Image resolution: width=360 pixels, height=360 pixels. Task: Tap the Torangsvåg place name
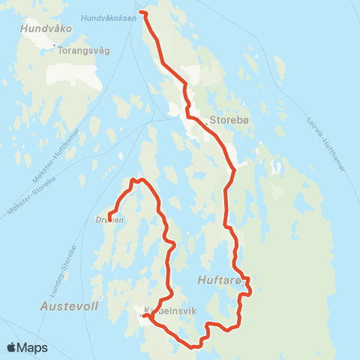click(84, 51)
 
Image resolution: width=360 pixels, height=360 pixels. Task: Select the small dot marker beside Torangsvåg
click(55, 46)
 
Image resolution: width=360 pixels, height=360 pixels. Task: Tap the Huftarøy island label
click(220, 280)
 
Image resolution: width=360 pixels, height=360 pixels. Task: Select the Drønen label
click(109, 220)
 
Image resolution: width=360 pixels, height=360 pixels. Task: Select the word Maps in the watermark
click(32, 347)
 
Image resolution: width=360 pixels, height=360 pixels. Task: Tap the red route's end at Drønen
click(110, 219)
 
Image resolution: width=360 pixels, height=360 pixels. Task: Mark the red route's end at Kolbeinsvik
click(143, 316)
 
